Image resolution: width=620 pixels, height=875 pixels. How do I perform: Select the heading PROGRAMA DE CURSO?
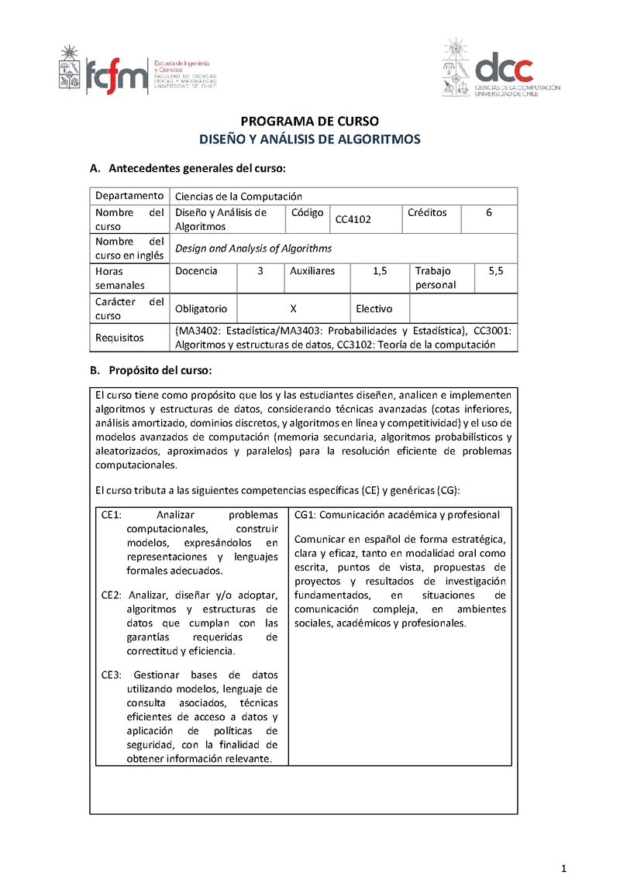(309, 122)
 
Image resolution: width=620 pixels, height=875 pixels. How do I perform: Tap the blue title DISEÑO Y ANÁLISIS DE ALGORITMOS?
(309, 139)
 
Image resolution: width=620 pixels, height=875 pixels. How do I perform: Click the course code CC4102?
(353, 219)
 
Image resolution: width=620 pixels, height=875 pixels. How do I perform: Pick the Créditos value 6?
(489, 212)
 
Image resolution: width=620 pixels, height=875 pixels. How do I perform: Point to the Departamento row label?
(129, 196)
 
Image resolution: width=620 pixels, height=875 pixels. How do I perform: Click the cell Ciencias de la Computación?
(239, 197)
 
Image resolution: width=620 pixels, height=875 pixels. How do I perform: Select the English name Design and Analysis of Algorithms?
(253, 249)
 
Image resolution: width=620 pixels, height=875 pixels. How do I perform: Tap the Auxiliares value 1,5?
(380, 271)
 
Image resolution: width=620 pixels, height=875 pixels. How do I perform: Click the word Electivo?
(374, 308)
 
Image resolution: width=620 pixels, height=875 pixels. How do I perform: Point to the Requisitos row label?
(119, 338)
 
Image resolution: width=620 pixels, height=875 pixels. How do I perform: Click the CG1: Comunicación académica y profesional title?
(397, 515)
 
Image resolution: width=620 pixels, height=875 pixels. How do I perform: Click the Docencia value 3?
(260, 271)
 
